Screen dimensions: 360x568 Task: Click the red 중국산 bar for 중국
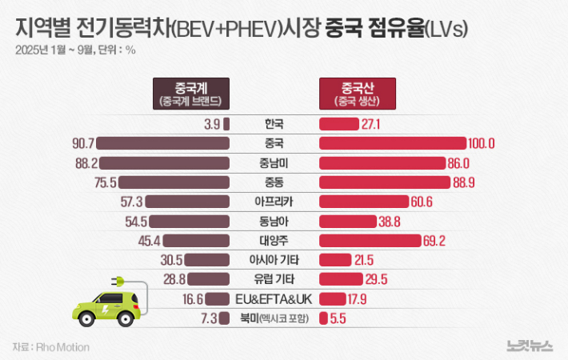point(392,143)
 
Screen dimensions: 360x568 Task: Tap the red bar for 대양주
point(370,240)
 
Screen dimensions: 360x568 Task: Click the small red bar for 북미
point(322,318)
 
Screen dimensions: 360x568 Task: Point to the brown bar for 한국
point(226,124)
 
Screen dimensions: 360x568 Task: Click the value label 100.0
point(482,143)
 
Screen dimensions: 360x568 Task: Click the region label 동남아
point(274,221)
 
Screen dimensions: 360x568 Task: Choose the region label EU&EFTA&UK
point(274,298)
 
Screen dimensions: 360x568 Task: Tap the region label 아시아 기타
point(274,259)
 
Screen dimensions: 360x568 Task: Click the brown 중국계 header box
point(190,93)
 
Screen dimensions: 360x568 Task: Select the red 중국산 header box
point(357,93)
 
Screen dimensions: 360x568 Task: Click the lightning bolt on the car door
point(103,306)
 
